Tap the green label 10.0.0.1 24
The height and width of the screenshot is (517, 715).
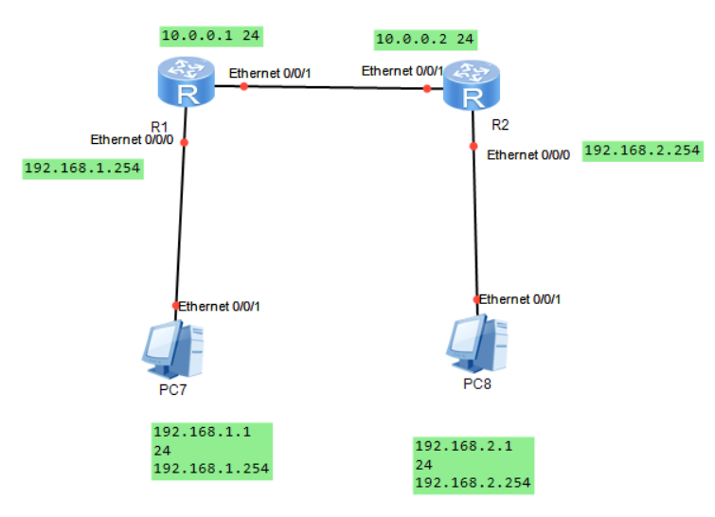point(210,36)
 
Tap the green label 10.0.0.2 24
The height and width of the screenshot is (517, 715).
point(425,39)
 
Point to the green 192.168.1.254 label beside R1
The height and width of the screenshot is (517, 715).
point(81,169)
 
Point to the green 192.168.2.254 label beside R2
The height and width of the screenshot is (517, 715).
point(643,150)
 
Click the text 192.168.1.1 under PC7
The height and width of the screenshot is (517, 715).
point(188,431)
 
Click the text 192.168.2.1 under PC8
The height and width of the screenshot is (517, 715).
point(450,446)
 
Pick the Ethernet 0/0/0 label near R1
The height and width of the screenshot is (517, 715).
point(132,139)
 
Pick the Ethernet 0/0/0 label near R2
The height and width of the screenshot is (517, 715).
point(528,155)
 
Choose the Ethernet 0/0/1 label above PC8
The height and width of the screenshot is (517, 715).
point(521,299)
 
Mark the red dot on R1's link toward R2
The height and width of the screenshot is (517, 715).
point(243,86)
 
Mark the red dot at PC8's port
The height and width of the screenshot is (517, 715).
point(477,298)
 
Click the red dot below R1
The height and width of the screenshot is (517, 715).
point(185,143)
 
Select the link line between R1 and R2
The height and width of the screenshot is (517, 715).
point(331,88)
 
